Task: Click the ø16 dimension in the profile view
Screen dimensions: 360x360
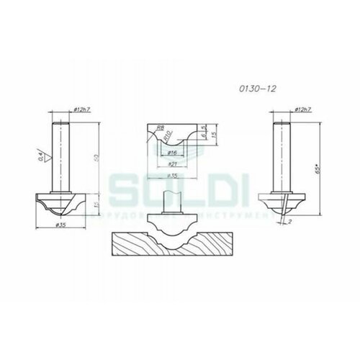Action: pos(173,153)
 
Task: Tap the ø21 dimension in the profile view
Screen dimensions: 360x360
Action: pos(173,163)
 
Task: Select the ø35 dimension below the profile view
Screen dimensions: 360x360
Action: pos(173,175)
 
